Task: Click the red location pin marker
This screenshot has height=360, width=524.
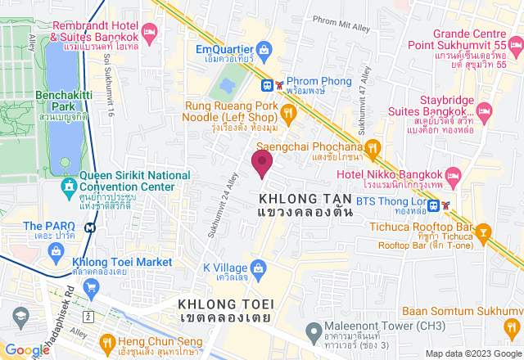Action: click(262, 163)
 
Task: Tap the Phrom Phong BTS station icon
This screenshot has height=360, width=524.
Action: click(267, 84)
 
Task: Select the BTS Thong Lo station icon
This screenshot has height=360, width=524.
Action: click(436, 205)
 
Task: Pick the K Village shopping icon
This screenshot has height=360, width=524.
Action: click(259, 268)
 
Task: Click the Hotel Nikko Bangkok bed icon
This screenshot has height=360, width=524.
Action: click(454, 176)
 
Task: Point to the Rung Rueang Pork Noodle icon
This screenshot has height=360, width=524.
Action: click(287, 111)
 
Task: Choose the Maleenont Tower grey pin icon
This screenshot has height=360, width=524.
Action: click(312, 331)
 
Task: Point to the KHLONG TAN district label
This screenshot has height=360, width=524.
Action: click(305, 199)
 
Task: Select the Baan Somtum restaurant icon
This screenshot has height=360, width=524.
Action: click(512, 327)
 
